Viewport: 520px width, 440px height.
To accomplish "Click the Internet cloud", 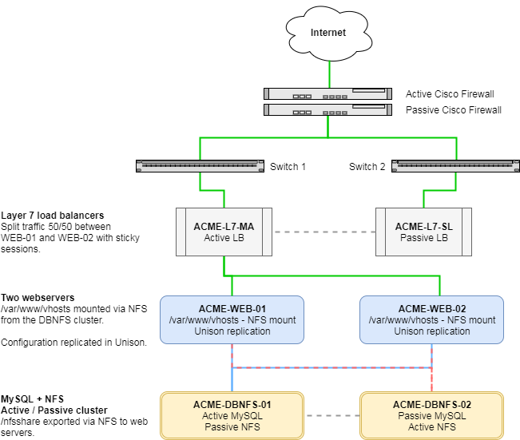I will (328, 34).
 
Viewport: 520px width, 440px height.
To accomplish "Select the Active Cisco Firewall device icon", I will (329, 95).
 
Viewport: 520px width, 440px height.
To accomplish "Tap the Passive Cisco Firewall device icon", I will (329, 110).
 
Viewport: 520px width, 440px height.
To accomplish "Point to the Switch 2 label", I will (367, 167).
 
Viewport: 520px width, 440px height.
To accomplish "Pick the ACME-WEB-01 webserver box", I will (232, 319).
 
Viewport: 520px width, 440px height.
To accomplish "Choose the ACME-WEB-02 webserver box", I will (431, 319).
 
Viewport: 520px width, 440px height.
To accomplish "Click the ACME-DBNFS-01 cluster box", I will (232, 415).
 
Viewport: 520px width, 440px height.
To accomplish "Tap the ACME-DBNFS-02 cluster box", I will (431, 415).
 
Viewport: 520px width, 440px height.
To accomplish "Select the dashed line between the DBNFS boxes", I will (331, 416).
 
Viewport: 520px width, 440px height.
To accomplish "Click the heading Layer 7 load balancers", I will (53, 216).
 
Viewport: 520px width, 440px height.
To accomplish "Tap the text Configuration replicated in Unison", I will (73, 343).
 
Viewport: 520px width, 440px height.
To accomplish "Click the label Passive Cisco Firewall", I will (454, 110).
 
